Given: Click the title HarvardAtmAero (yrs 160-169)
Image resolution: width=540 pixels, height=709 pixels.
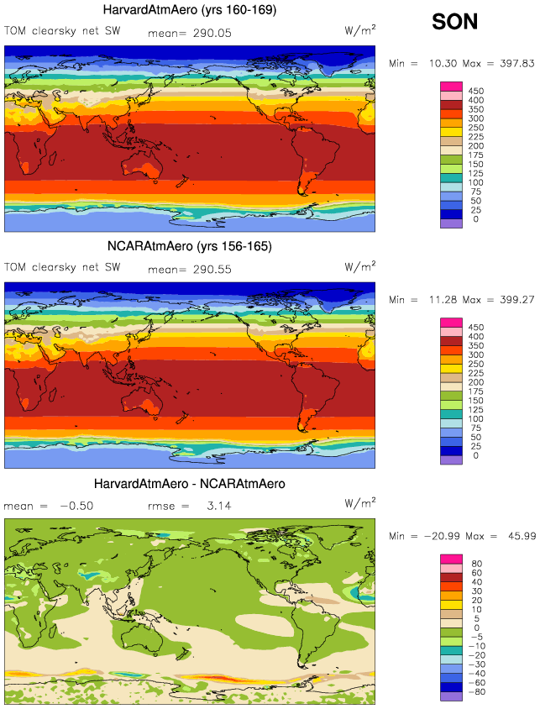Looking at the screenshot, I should (190, 10).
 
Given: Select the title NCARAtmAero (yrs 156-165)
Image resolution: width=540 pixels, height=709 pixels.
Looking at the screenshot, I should (190, 246).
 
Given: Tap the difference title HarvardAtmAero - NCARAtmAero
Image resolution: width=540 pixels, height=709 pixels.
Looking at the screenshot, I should (190, 484).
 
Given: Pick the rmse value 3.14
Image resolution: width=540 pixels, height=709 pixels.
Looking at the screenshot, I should (220, 507).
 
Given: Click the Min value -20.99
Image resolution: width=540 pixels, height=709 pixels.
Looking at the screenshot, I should (438, 537).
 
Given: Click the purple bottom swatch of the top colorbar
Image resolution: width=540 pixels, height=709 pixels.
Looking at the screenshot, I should (451, 223).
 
